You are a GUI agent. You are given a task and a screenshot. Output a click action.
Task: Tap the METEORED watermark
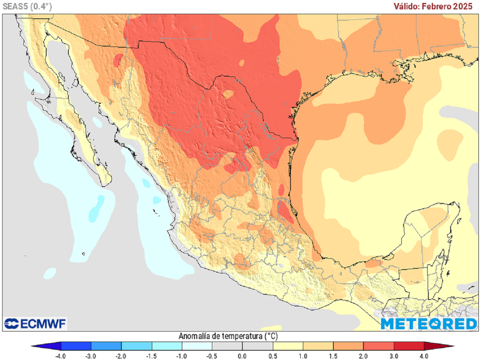[428, 323]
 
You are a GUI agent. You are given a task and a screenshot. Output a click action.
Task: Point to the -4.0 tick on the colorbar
[61, 356]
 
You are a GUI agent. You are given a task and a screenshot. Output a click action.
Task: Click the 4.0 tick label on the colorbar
[425, 356]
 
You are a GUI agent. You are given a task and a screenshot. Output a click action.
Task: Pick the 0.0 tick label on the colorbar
[243, 356]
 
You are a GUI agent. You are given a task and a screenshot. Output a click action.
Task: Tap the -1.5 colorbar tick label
[152, 356]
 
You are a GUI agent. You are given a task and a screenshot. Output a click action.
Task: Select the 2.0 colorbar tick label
[364, 356]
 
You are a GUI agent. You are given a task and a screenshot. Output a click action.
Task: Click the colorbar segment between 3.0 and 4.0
[409, 346]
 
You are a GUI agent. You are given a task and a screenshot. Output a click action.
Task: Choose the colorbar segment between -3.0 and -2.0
[106, 346]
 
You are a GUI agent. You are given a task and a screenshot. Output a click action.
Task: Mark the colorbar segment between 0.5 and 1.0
[288, 346]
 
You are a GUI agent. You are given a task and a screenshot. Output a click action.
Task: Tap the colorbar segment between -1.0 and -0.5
[197, 346]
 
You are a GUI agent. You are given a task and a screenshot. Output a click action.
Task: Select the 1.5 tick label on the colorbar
[334, 356]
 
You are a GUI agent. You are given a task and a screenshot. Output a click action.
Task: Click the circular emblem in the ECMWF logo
[11, 323]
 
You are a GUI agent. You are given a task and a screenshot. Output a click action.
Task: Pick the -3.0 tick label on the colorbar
[91, 356]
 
